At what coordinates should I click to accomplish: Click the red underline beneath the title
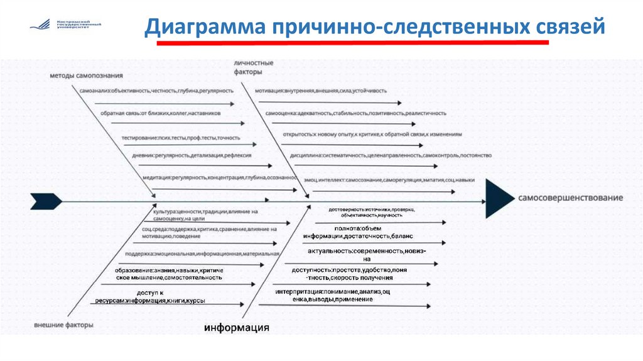point(352,43)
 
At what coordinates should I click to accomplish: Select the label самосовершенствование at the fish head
point(570,197)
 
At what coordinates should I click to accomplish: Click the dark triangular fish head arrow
point(500,198)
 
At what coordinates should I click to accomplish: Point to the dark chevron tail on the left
point(46,201)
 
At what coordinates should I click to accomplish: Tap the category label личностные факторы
point(253,68)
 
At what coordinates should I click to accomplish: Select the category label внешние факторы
point(64,325)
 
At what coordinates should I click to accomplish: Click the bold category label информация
point(237,328)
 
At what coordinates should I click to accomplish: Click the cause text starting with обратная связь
point(160,113)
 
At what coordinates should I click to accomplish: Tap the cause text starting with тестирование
point(181,137)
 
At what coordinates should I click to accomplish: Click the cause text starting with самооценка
point(355,113)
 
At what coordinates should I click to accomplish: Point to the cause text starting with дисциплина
point(391,155)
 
